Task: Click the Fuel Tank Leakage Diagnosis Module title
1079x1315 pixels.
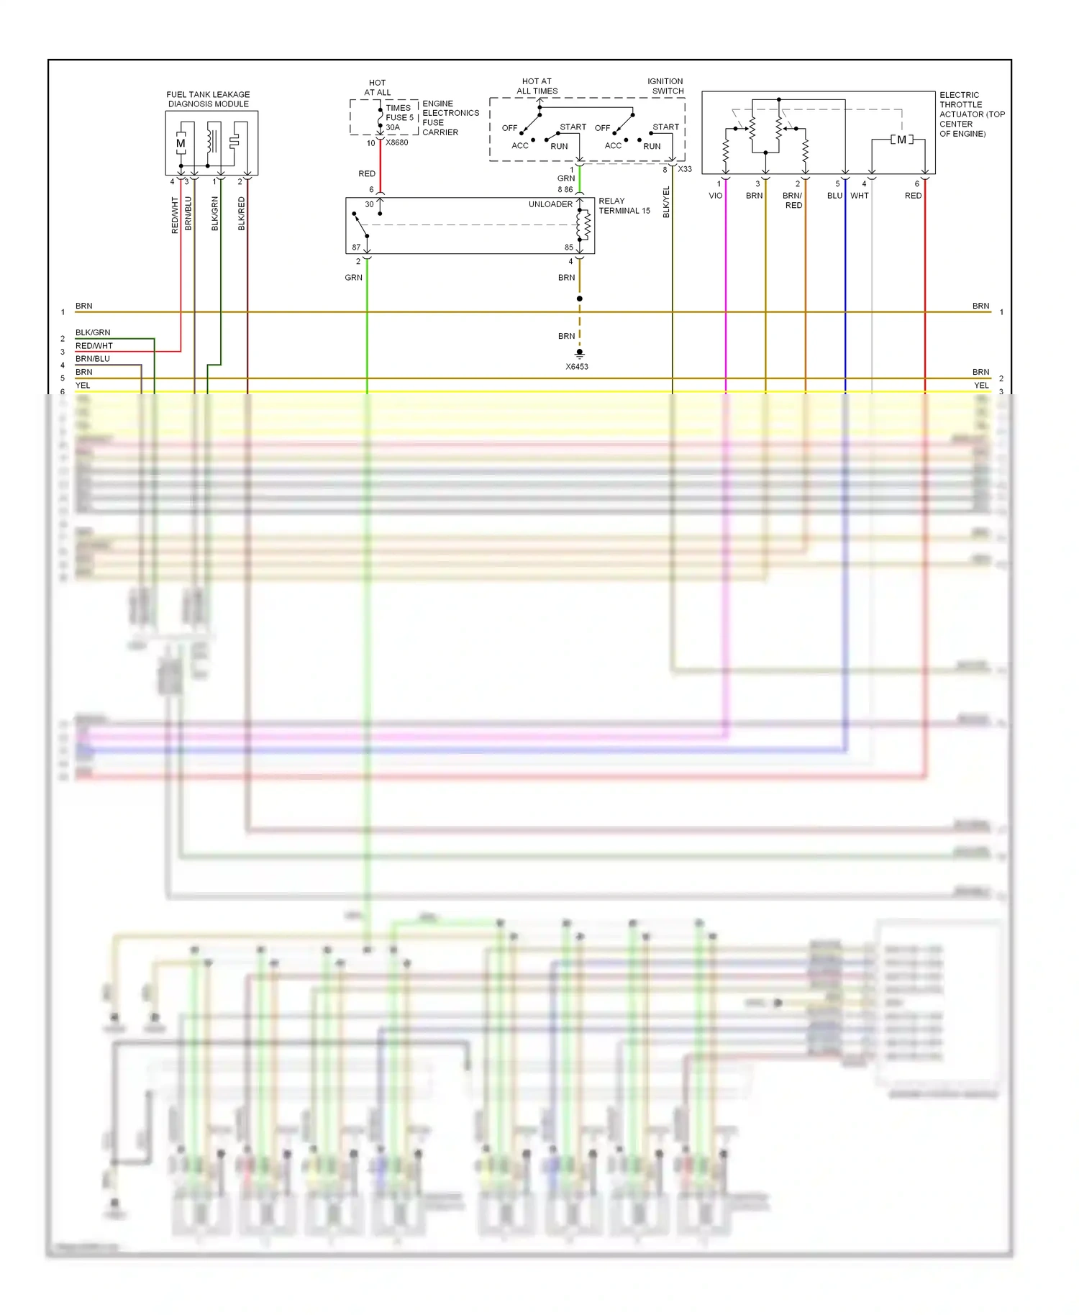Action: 208,99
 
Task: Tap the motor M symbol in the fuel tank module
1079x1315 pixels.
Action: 181,144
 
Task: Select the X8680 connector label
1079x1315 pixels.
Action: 396,142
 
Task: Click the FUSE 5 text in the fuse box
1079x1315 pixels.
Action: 399,117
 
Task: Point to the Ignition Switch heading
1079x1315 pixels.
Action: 665,86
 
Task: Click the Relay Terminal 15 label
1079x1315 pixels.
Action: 624,206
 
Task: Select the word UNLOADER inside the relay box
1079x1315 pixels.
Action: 550,204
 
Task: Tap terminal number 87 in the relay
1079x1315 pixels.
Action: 356,247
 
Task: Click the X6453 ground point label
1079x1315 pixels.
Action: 576,367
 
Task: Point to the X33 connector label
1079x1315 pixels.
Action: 685,169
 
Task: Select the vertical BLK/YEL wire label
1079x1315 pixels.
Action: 666,202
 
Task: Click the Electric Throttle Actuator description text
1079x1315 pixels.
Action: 971,114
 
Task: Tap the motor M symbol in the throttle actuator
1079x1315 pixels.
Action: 901,140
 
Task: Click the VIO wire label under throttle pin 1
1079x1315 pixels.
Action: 715,196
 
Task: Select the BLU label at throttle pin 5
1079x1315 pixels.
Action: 834,196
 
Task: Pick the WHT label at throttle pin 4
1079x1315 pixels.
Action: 859,196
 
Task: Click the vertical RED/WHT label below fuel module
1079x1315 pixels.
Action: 175,215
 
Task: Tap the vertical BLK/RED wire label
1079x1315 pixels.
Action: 242,214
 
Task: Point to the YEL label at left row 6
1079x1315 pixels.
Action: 83,386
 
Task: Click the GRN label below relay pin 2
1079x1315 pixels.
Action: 353,278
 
